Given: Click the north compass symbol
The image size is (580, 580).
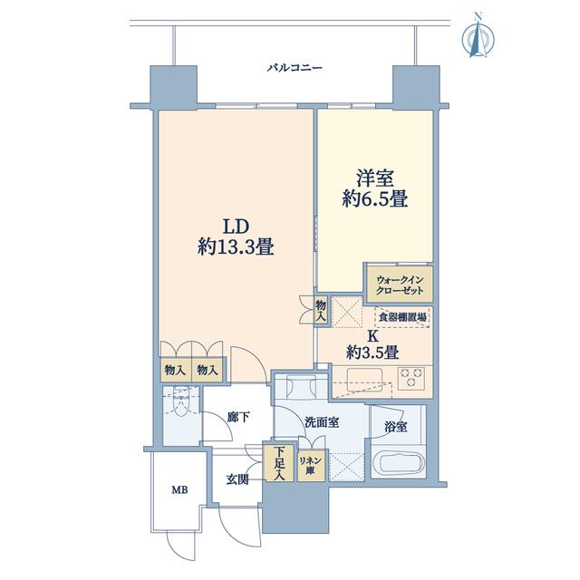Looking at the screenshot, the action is point(478,36).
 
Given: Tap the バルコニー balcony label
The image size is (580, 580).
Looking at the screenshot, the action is point(295,68).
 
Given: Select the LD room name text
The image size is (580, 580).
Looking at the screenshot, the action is point(235,227).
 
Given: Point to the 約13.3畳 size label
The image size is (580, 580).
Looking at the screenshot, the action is point(236,246).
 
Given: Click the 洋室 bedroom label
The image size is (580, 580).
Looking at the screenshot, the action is point(374,179).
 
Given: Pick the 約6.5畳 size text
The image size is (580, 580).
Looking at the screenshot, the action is point(374,199).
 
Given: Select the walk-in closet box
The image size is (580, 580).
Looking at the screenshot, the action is point(399,284).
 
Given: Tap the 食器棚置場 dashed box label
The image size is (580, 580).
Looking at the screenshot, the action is point(402,317).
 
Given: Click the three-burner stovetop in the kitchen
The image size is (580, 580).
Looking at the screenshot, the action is point(411,377).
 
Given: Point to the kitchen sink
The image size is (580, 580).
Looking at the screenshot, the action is point(364,378).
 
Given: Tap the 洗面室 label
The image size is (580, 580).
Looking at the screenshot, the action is point(322,422).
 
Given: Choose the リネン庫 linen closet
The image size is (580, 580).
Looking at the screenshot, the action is point(311,465).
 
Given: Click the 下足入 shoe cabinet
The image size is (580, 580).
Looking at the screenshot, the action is point(279,463).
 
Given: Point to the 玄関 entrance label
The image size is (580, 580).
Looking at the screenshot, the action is point(237,480).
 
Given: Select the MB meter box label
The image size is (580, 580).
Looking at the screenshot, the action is point(179,490).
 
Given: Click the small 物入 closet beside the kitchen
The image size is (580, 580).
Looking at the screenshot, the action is point(321,310).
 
